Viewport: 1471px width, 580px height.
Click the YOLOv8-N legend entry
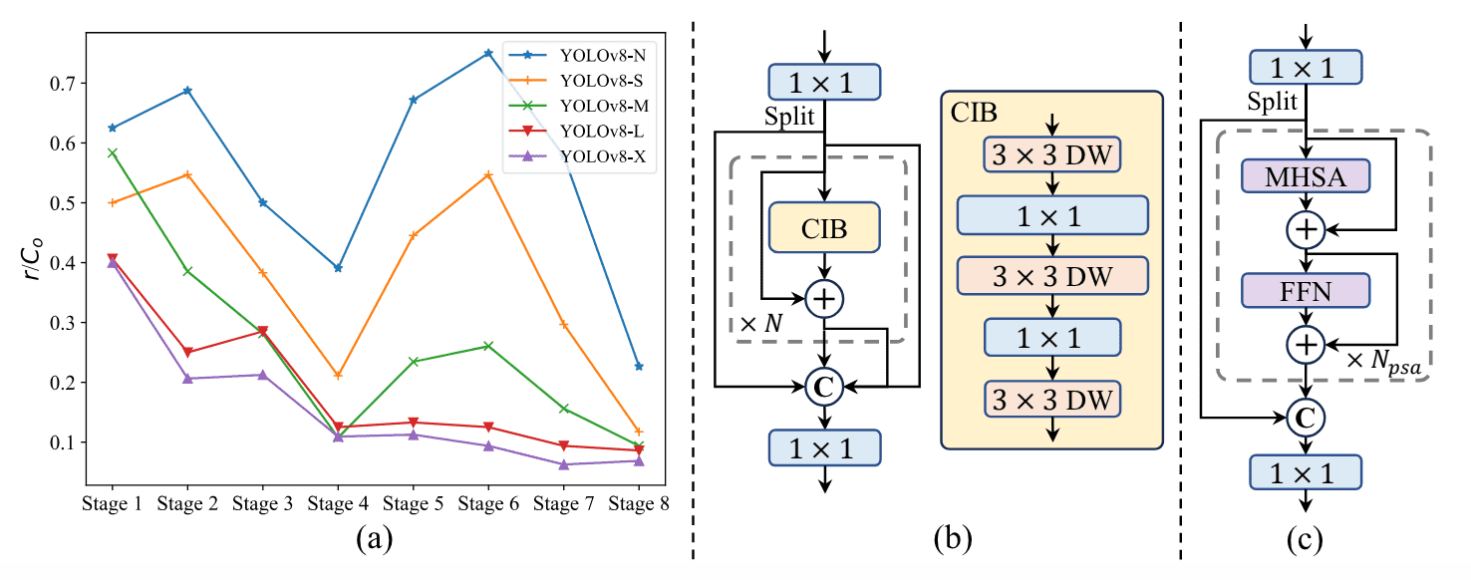pyautogui.click(x=578, y=55)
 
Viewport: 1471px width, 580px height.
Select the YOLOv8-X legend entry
pyautogui.click(x=578, y=156)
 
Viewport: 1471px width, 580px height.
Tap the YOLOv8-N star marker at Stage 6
pyautogui.click(x=488, y=53)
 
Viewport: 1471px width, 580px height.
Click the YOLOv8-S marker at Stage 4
pyautogui.click(x=338, y=375)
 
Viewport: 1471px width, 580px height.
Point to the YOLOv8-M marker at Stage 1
pyautogui.click(x=112, y=153)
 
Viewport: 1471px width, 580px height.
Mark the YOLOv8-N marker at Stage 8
pyautogui.click(x=639, y=367)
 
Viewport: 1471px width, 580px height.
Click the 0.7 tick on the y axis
pyautogui.click(x=63, y=84)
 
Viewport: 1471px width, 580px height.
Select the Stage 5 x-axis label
pyautogui.click(x=413, y=504)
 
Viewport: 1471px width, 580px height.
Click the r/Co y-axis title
pyautogui.click(x=33, y=258)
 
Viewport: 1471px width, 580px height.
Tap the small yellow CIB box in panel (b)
pyautogui.click(x=824, y=227)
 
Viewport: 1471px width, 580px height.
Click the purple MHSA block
pyautogui.click(x=1306, y=176)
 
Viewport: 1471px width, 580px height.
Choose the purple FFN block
pyautogui.click(x=1306, y=290)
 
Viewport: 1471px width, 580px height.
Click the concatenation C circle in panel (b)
pyautogui.click(x=824, y=387)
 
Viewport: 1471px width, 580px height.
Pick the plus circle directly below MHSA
pyautogui.click(x=1306, y=229)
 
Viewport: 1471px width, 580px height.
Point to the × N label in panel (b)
pyautogui.click(x=761, y=324)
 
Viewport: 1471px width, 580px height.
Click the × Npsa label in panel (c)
pyautogui.click(x=1383, y=362)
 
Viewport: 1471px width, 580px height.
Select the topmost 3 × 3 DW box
pyautogui.click(x=1052, y=155)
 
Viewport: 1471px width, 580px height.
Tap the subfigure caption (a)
pyautogui.click(x=375, y=539)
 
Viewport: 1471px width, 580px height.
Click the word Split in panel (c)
pyautogui.click(x=1272, y=102)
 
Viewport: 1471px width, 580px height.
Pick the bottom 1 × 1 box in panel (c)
pyautogui.click(x=1306, y=472)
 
